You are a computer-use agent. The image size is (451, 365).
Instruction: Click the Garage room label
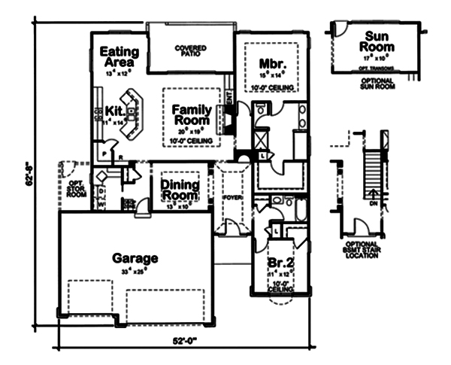(x=135, y=258)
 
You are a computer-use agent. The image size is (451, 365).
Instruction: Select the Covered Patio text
(x=191, y=50)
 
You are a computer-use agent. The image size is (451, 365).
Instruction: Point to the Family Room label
(x=192, y=115)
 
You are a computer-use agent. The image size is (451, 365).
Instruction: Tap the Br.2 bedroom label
(x=279, y=264)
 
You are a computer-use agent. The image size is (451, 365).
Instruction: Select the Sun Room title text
(x=381, y=41)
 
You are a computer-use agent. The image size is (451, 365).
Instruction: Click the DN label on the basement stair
(x=374, y=203)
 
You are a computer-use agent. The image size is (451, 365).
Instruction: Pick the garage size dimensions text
(x=136, y=271)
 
